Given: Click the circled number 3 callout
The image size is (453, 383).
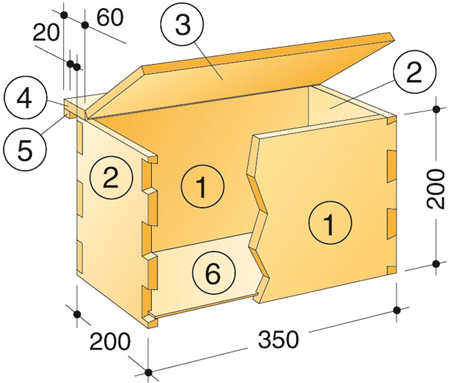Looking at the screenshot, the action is click(183, 25).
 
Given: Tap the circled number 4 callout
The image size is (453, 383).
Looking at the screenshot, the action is click(24, 99).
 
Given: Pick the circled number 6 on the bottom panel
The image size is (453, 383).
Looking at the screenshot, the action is click(214, 273).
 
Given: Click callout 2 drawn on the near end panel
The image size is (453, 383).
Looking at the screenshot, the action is click(111, 177).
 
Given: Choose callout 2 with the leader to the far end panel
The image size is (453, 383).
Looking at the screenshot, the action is click(414, 73).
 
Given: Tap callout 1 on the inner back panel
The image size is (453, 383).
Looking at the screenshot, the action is click(203, 186).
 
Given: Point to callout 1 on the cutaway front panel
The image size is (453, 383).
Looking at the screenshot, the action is click(330, 223).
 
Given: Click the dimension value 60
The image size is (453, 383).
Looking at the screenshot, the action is click(110, 17).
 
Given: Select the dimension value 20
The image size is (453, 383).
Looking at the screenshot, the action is click(46, 32).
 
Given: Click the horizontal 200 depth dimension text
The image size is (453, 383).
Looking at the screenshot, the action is click(110, 341).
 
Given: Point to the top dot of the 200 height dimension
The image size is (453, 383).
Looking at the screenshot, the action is click(437, 109).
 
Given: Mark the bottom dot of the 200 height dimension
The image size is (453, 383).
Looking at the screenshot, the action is click(437, 263).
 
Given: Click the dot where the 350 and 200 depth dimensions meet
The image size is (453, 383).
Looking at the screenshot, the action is click(148, 373).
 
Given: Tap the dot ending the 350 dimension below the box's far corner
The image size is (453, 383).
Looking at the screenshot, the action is click(397, 310).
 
